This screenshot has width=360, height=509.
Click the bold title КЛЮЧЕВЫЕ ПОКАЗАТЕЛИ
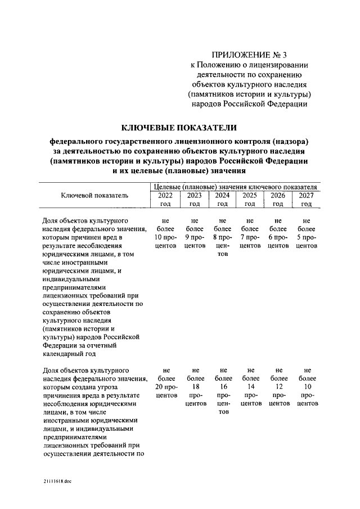click(179, 128)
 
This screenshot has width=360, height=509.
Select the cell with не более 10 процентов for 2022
click(165, 233)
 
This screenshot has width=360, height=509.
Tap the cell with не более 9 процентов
click(194, 233)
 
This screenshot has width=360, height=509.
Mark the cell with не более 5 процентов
click(307, 233)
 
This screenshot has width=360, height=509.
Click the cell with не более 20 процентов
click(165, 383)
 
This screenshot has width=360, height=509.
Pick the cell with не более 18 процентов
click(194, 387)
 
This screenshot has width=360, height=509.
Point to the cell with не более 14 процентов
click(250, 387)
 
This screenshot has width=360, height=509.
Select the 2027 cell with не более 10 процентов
click(307, 387)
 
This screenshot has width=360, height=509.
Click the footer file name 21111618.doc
click(57, 481)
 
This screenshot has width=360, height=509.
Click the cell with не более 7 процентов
click(250, 233)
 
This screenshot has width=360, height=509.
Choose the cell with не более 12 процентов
click(278, 387)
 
